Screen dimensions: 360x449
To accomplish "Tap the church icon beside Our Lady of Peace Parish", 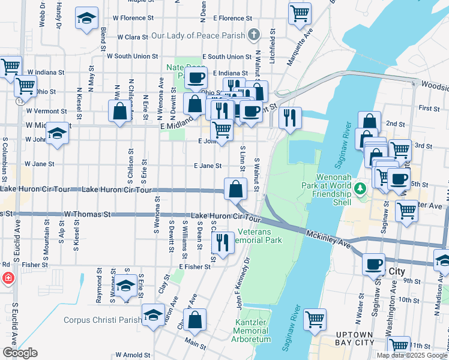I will [x=254, y=34].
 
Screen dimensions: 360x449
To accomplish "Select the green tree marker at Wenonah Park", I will [x=360, y=189].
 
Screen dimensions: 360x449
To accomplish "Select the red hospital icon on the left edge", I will [x=7, y=278].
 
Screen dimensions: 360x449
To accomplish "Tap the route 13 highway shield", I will [x=20, y=101].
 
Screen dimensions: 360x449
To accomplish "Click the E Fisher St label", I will [x=192, y=266].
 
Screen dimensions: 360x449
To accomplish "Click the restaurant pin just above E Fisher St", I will [x=222, y=242].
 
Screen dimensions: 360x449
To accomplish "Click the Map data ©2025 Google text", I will [x=412, y=355].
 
